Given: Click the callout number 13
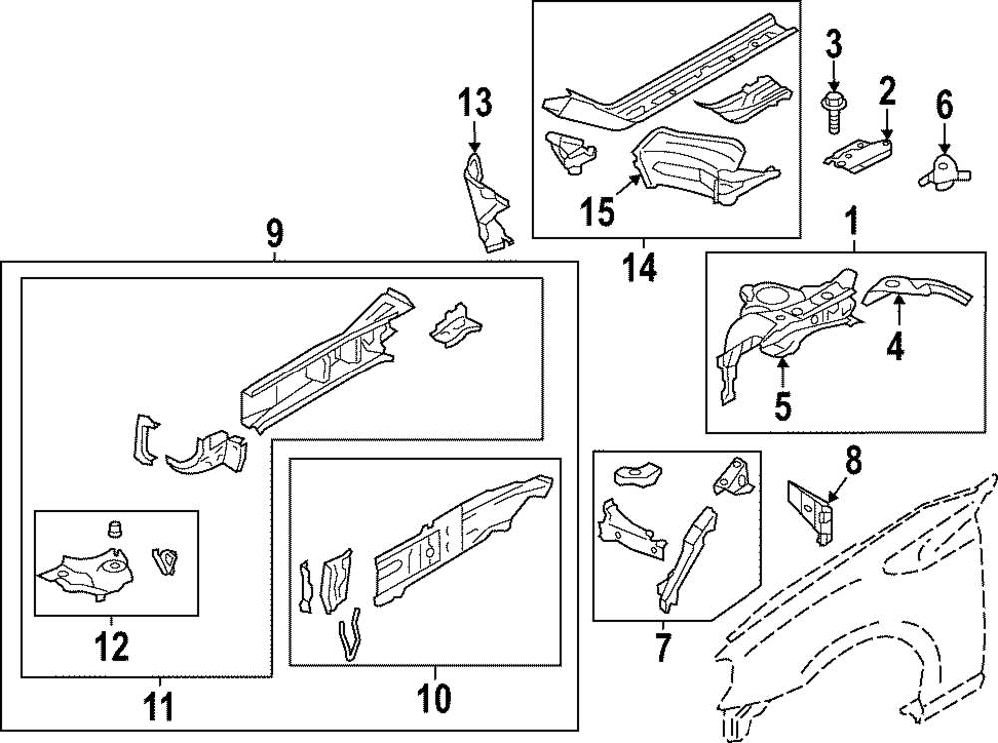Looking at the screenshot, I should [x=475, y=102].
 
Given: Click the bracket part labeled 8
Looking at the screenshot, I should [x=810, y=509].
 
